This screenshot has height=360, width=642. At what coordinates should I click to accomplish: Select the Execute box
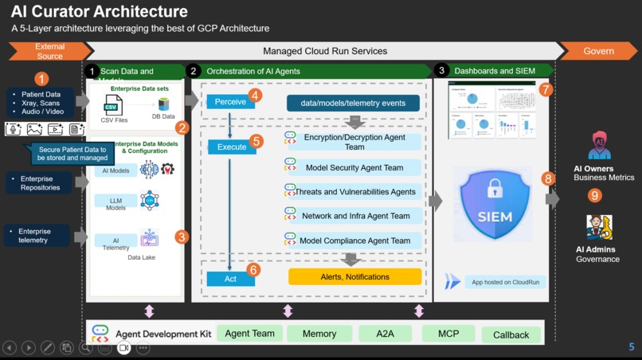coord(232,147)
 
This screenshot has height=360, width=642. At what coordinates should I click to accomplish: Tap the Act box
coord(230,279)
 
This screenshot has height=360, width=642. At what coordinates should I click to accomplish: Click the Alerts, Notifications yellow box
coord(354,277)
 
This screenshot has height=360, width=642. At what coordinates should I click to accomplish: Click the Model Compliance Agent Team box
coord(355,241)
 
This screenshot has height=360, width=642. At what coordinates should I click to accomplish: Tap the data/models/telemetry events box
coord(352,103)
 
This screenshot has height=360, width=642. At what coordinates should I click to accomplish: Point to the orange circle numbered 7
coord(545,90)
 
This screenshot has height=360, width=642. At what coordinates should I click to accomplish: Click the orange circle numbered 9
coord(595,195)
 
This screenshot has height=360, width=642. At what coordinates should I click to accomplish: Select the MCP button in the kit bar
coord(448,334)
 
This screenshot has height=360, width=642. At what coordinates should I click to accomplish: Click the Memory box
coord(319,334)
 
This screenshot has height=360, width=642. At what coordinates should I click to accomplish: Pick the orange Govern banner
coord(598,51)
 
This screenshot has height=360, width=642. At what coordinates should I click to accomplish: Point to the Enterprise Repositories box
coord(42,183)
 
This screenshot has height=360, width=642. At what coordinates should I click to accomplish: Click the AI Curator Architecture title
coord(100,12)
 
